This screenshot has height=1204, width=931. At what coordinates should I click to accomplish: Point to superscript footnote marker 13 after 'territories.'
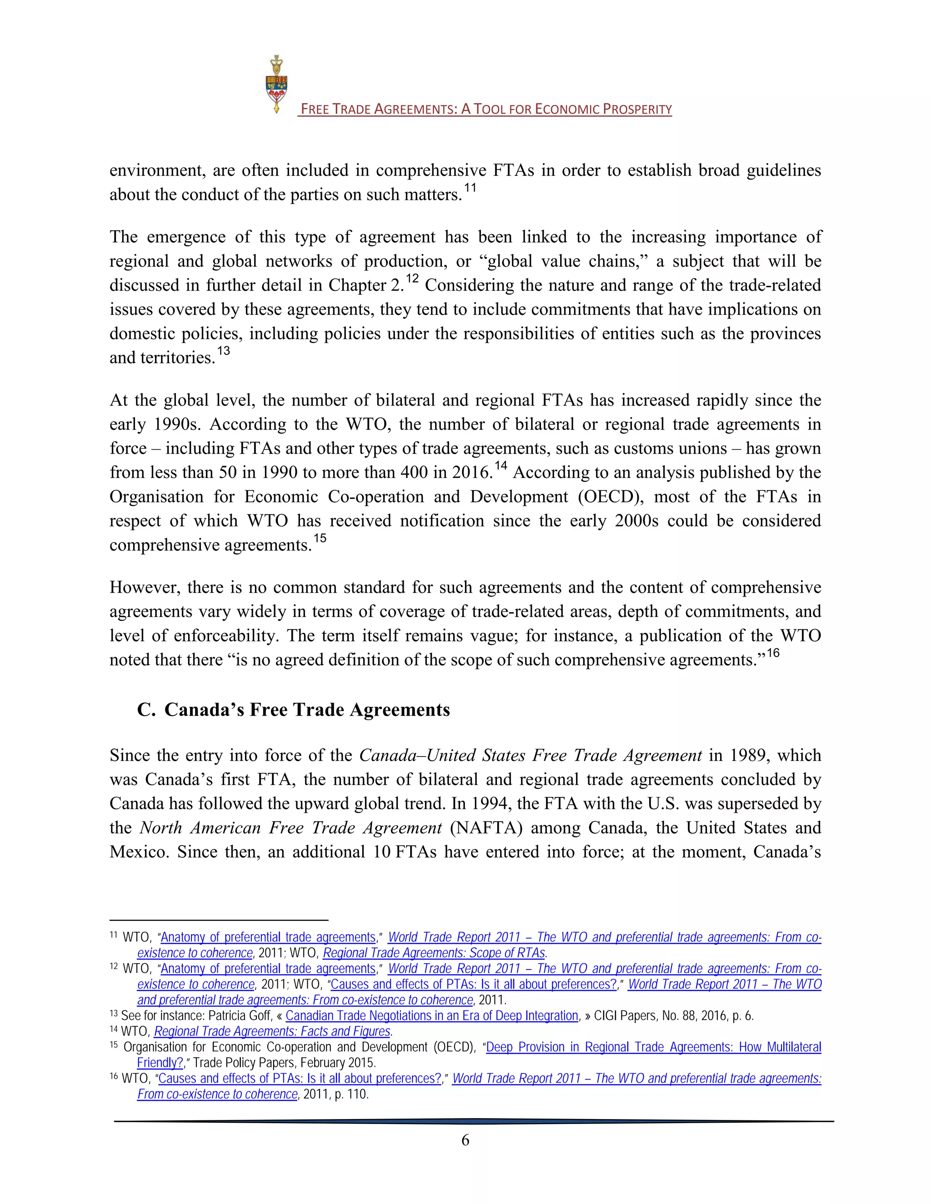point(223,352)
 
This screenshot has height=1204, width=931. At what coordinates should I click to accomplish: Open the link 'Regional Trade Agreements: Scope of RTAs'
point(434,953)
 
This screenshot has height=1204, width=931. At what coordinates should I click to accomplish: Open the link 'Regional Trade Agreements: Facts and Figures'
point(272,1031)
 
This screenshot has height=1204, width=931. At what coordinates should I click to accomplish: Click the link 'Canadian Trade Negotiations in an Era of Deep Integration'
point(431,1016)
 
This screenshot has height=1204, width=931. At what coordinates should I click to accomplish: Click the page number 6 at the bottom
point(465,1140)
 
